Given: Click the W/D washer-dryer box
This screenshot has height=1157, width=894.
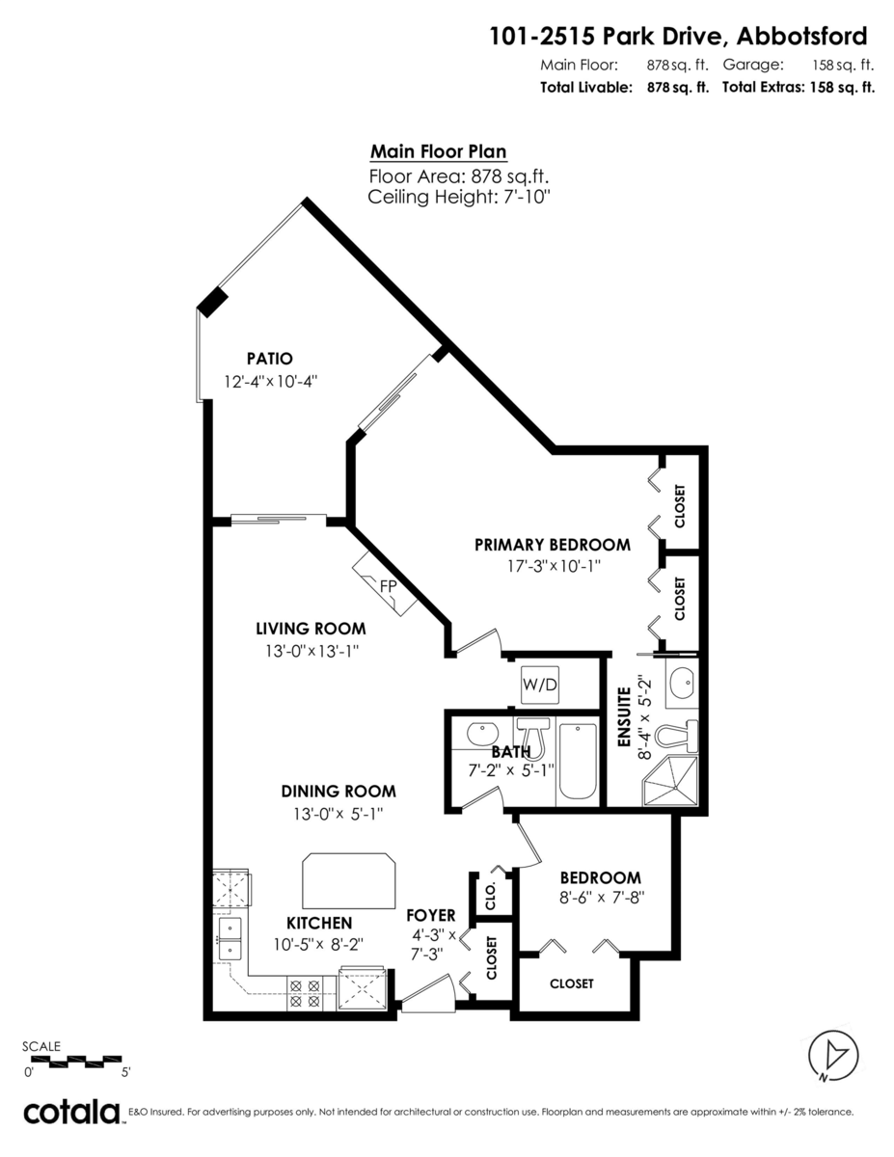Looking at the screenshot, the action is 540,685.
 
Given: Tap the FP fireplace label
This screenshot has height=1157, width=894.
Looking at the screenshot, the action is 388,586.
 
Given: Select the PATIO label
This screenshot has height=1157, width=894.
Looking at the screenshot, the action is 270,359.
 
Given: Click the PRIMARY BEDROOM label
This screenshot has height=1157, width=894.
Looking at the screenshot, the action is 553,545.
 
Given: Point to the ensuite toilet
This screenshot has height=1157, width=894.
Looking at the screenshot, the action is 676,737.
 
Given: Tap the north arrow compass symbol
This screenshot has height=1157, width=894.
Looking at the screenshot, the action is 833,1056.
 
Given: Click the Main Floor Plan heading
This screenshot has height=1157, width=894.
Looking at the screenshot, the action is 438,151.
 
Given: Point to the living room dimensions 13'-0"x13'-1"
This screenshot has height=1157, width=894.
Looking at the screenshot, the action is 312,651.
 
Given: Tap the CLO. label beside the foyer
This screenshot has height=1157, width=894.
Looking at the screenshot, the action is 491,896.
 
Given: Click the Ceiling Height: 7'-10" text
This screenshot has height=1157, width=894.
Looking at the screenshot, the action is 458,197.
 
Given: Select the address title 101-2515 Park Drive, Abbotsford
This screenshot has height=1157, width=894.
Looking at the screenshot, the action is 678,37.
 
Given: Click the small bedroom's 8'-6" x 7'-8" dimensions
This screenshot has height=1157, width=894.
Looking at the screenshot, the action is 602,898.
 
